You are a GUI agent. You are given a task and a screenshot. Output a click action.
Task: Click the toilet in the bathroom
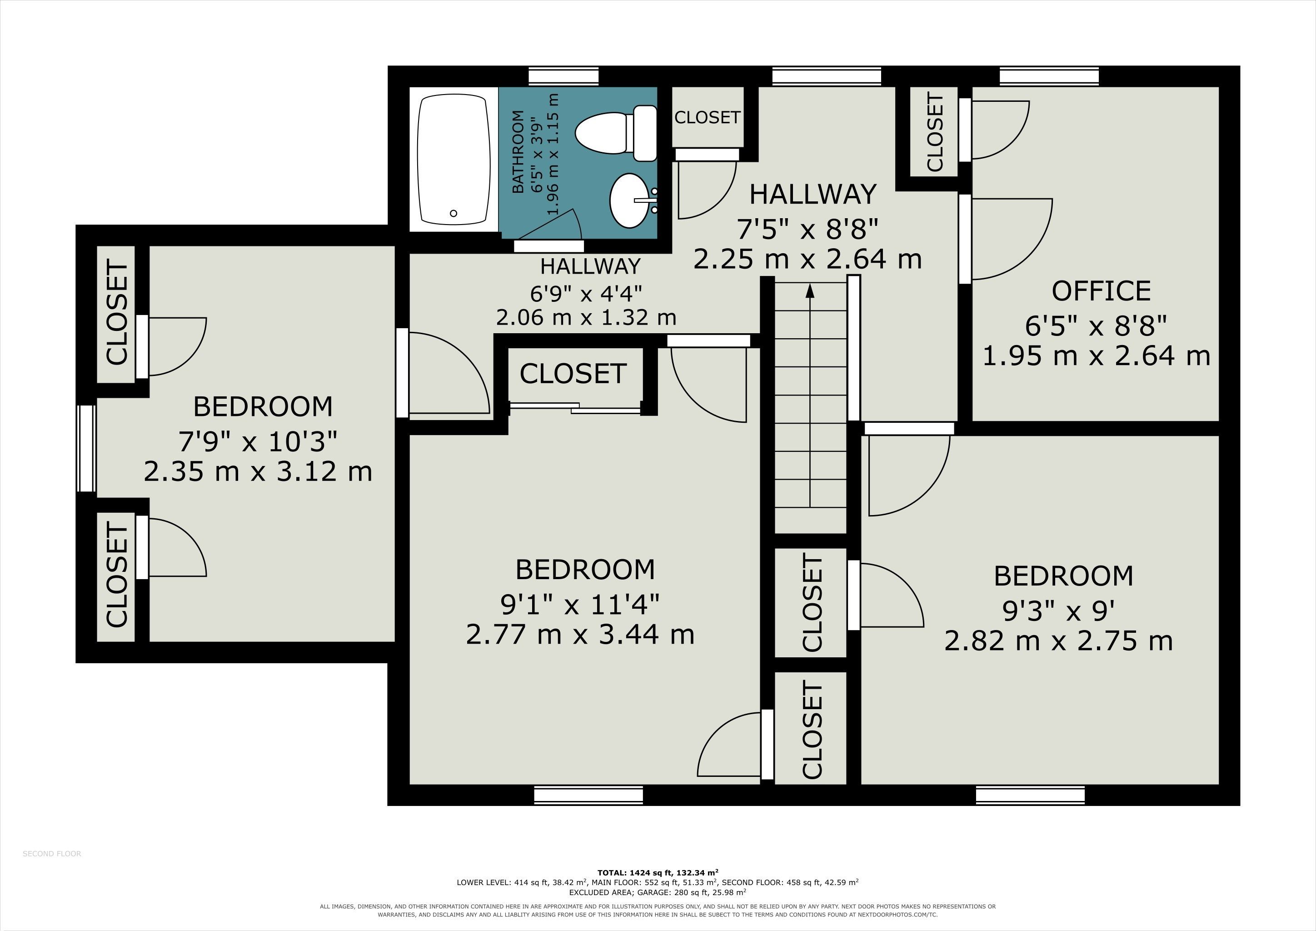tap(616, 133)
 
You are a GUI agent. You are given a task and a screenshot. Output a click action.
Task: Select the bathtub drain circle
tap(454, 213)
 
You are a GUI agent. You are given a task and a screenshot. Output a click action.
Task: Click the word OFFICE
tap(1101, 291)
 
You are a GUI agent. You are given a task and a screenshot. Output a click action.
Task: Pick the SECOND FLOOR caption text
tap(52, 854)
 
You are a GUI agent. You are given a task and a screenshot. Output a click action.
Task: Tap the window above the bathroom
tap(563, 76)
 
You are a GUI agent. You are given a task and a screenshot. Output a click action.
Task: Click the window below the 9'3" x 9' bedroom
tap(1031, 795)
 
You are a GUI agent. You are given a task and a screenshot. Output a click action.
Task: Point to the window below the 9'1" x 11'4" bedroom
tap(588, 795)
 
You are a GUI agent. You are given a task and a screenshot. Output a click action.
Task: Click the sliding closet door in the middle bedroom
tap(575, 408)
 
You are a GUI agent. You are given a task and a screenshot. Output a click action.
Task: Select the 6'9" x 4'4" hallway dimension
tap(586, 294)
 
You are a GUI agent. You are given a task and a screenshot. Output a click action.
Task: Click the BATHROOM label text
tap(518, 151)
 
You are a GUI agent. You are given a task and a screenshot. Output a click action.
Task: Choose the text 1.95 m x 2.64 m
tap(1097, 355)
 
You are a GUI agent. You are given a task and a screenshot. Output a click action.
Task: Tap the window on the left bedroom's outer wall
tap(86, 448)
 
